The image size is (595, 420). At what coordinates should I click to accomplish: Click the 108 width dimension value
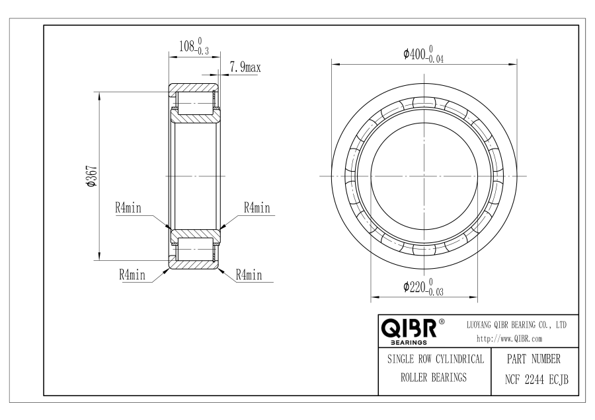[194, 47]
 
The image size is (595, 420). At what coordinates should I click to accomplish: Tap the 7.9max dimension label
[245, 67]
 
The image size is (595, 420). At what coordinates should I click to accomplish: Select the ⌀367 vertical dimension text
[92, 176]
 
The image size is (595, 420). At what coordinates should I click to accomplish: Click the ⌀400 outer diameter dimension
[423, 54]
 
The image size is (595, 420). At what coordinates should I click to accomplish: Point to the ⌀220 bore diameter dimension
[423, 287]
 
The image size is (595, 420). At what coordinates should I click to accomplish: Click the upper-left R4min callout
[128, 208]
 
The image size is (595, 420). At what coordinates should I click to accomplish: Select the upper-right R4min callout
[257, 208]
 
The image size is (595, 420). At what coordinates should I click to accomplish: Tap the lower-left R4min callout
[132, 275]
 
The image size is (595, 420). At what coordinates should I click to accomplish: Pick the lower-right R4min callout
[249, 275]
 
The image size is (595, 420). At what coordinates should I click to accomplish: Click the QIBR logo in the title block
[409, 328]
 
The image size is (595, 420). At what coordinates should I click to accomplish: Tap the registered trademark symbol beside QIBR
[442, 322]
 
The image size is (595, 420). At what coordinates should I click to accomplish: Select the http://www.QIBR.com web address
[509, 339]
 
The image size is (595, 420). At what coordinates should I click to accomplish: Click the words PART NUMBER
[534, 359]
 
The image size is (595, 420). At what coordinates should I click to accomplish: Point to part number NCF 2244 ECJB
[537, 379]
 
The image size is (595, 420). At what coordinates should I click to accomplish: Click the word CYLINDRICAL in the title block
[460, 359]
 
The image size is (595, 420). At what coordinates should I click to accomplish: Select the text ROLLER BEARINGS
[433, 378]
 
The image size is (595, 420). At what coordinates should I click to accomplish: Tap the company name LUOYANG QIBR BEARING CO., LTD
[516, 325]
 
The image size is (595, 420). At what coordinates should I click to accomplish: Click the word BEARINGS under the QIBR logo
[409, 343]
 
